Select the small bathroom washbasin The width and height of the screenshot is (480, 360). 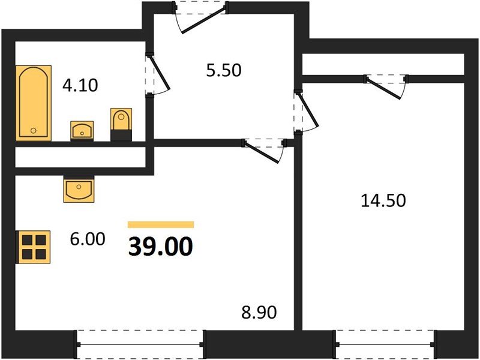point(82,130)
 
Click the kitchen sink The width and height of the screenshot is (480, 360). point(79,190)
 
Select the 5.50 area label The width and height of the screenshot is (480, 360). point(223,70)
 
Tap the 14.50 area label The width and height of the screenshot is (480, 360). point(383,200)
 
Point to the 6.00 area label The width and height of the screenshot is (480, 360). point(88,239)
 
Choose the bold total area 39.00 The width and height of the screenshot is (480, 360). point(160,246)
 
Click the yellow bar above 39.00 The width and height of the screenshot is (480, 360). point(161,224)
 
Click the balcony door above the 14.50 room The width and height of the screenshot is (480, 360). point(386,84)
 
